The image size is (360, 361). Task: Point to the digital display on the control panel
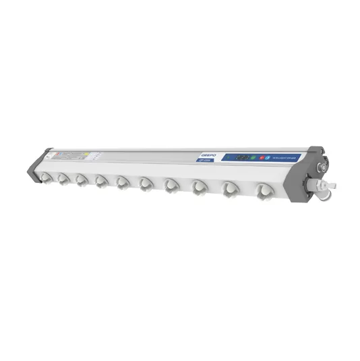(x=241, y=157)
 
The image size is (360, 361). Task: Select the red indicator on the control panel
(x=260, y=157)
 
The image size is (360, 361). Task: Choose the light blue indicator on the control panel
(x=268, y=157)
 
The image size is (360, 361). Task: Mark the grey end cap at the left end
(x=34, y=165)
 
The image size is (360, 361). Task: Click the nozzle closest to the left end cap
(x=46, y=177)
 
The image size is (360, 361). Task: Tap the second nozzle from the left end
(x=63, y=178)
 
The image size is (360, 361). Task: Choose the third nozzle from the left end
(x=81, y=179)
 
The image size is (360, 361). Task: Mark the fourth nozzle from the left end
(x=101, y=181)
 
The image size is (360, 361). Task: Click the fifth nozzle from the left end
(x=122, y=182)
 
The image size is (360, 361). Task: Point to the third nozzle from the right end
(x=200, y=186)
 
